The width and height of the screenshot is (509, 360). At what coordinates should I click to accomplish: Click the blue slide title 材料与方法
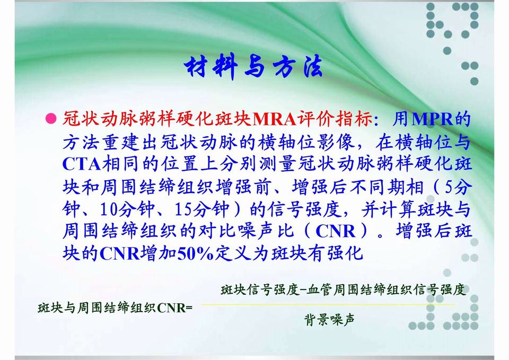click(x=253, y=67)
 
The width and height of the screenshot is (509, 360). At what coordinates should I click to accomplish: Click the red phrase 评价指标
click(x=335, y=119)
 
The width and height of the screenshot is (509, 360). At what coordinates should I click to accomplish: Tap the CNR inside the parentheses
click(x=335, y=232)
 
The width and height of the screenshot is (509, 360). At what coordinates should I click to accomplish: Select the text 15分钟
click(x=201, y=209)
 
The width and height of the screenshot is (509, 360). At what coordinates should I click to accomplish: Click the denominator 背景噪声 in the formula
click(x=329, y=320)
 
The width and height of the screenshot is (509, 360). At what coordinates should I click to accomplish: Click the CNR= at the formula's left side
click(x=174, y=308)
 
